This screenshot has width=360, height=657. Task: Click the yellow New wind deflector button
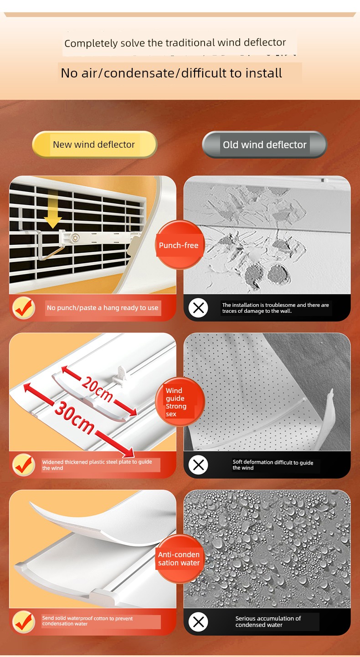(x=94, y=145)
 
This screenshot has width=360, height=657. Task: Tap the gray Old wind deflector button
(x=264, y=145)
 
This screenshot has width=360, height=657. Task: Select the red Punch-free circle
(x=179, y=245)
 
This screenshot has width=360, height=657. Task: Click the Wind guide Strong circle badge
(x=180, y=402)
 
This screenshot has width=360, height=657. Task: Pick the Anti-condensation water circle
(x=179, y=559)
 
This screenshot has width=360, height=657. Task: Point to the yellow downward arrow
(x=53, y=209)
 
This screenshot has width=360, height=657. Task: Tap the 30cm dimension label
(x=75, y=417)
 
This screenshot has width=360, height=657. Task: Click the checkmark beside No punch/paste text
(x=23, y=308)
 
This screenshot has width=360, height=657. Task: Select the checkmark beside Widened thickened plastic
(x=23, y=465)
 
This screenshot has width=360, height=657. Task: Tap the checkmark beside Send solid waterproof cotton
(x=23, y=622)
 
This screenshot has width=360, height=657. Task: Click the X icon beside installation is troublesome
(x=199, y=308)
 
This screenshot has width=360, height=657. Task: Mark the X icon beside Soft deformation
(x=199, y=465)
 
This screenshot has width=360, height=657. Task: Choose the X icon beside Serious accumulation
(x=199, y=622)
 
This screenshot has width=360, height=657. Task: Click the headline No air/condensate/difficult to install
(x=171, y=73)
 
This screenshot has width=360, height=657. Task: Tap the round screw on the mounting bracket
(x=75, y=238)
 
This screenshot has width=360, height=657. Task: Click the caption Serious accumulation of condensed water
(x=268, y=621)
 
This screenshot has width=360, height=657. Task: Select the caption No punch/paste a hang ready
(x=103, y=308)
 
